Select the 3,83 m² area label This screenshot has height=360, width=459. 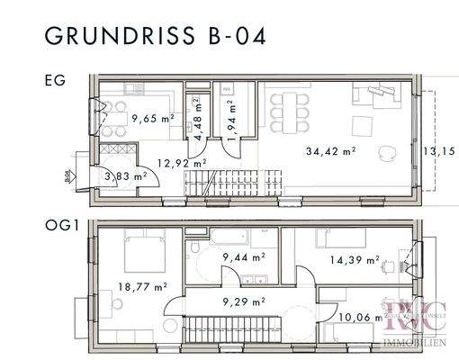click(x=125, y=176)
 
